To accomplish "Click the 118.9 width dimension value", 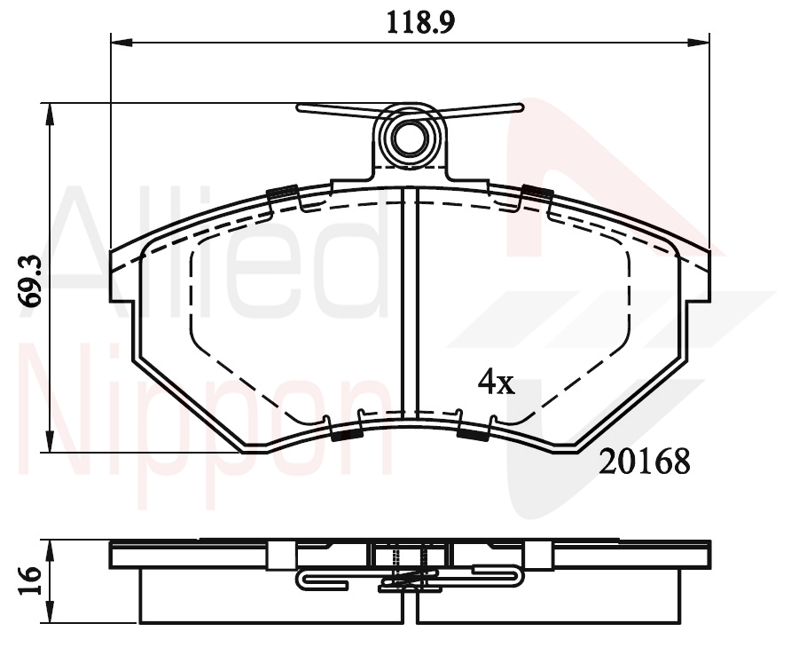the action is click(x=420, y=23).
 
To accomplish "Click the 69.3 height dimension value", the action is click(x=30, y=280).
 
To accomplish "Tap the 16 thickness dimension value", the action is click(x=30, y=580).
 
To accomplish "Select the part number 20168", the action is click(x=644, y=462).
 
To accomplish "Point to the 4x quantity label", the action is click(x=497, y=383).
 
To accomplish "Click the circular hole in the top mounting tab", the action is click(x=409, y=138).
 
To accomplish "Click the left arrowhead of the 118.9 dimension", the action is click(x=121, y=43).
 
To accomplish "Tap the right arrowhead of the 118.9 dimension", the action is click(x=699, y=43).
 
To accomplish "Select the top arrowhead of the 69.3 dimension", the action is click(x=49, y=114).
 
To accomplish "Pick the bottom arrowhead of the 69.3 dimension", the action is click(x=49, y=441).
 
